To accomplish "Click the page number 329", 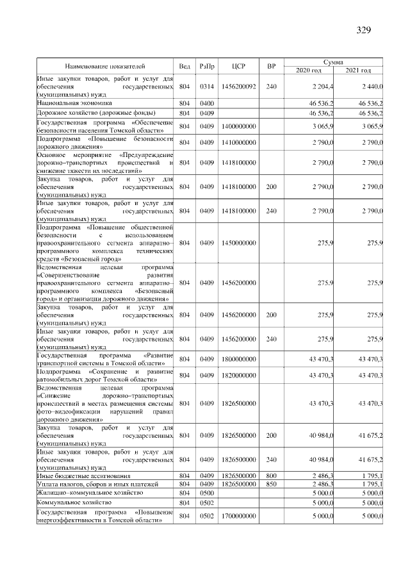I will click(363, 29).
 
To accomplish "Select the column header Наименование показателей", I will click(105, 65).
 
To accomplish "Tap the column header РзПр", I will click(206, 65).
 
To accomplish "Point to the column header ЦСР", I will click(238, 65).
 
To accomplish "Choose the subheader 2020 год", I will click(309, 70).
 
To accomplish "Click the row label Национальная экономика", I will click(75, 103).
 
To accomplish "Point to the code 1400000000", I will click(238, 126).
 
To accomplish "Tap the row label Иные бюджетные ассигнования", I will click(84, 476).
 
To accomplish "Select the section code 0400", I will click(206, 103).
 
